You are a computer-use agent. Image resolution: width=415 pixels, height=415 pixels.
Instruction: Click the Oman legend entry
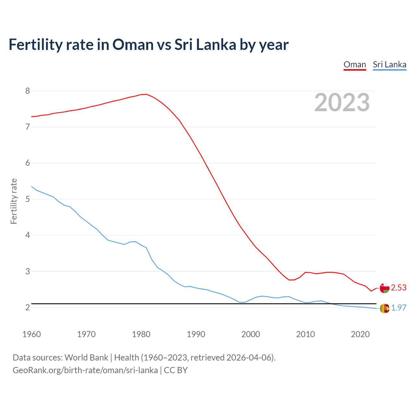pyautogui.click(x=355, y=65)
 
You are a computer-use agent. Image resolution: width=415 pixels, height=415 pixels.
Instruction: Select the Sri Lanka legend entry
pyautogui.click(x=389, y=65)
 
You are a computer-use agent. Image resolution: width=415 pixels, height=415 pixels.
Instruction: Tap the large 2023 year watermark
pyautogui.click(x=342, y=102)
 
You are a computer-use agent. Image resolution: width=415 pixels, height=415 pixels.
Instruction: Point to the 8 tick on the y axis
pyautogui.click(x=28, y=91)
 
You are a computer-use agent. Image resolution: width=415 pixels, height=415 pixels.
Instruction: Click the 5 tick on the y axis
pyautogui.click(x=28, y=199)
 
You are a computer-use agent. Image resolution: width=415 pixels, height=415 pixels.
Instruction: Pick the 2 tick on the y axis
pyautogui.click(x=28, y=307)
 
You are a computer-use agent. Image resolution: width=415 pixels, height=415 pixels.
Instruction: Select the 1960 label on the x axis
pyautogui.click(x=31, y=334)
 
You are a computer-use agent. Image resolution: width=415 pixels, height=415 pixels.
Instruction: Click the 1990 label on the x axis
pyautogui.click(x=196, y=334)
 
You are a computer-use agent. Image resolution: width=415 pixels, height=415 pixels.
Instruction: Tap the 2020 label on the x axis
pyautogui.click(x=360, y=334)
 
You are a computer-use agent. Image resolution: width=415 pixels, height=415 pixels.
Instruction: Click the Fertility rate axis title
pyautogui.click(x=14, y=201)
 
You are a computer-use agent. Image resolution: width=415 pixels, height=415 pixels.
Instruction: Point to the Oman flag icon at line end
pyautogui.click(x=384, y=288)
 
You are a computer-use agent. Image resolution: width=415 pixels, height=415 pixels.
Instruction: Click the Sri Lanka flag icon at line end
pyautogui.click(x=384, y=308)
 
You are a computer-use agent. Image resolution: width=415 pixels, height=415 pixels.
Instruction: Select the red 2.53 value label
pyautogui.click(x=398, y=288)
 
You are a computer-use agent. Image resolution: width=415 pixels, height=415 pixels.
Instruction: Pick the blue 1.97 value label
pyautogui.click(x=398, y=308)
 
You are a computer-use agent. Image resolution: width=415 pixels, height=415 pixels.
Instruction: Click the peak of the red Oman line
pyautogui.click(x=146, y=94)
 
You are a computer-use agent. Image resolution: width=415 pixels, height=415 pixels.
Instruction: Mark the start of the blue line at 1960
pyautogui.click(x=31, y=186)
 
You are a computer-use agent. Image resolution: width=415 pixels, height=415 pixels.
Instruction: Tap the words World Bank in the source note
pyautogui.click(x=86, y=358)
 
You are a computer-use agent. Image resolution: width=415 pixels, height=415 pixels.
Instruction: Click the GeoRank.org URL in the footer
pyautogui.click(x=85, y=370)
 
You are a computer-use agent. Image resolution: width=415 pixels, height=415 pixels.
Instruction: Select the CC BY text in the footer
pyautogui.click(x=176, y=370)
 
